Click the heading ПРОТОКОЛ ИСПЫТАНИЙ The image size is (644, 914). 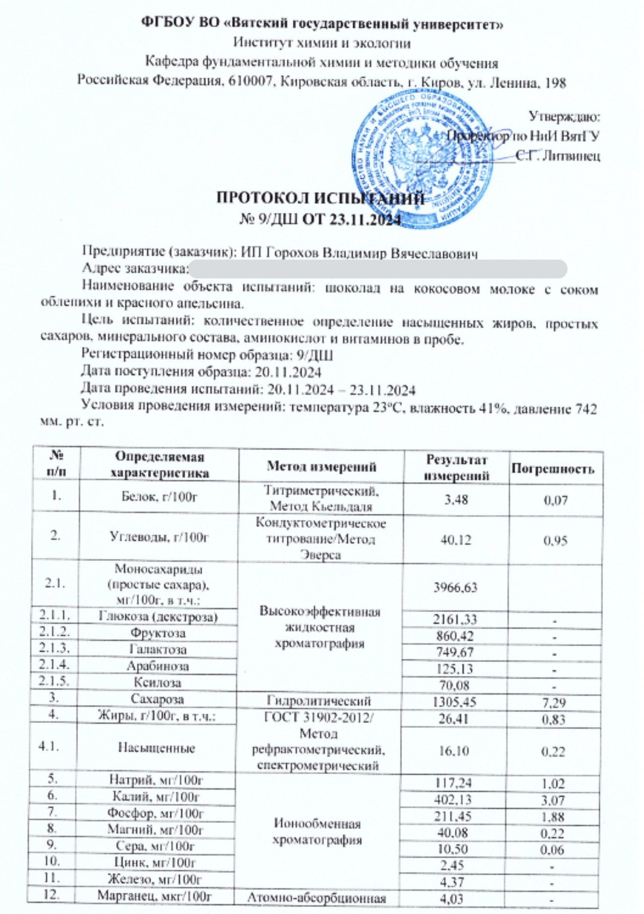click(320, 199)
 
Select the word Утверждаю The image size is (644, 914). click(564, 117)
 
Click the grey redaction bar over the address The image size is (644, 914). click(377, 269)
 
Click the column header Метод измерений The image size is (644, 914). click(321, 467)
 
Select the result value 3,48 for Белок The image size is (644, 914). click(455, 499)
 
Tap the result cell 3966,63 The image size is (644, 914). click(455, 587)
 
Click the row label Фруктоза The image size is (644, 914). click(158, 633)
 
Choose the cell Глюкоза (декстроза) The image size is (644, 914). click(158, 617)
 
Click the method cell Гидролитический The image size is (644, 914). click(319, 701)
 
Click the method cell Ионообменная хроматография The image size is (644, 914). click(317, 831)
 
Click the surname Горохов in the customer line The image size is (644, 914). click(292, 253)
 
